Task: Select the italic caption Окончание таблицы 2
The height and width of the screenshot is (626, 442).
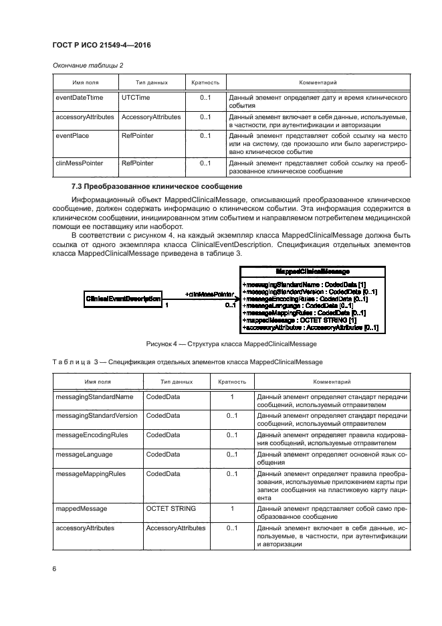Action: (x=87, y=65)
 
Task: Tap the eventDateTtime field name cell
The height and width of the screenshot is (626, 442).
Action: (x=78, y=97)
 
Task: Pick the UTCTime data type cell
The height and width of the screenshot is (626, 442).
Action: (x=136, y=97)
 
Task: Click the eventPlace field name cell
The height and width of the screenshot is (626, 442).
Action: (x=72, y=135)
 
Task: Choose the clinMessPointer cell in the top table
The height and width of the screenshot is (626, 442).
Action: (x=79, y=163)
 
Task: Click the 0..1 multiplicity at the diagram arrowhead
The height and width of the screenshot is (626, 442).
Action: (x=229, y=305)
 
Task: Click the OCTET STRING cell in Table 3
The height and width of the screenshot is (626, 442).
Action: (x=171, y=509)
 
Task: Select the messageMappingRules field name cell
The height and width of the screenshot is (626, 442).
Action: (x=89, y=473)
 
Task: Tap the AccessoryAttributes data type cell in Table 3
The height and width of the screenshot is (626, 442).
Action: (x=175, y=528)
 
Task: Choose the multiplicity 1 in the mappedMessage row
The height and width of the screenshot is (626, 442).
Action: (x=232, y=509)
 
